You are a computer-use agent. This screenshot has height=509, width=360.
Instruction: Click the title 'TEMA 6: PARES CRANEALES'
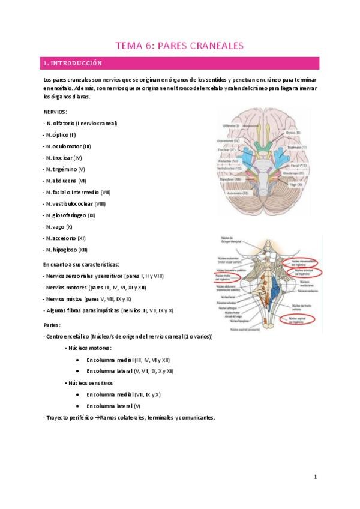tap(179, 44)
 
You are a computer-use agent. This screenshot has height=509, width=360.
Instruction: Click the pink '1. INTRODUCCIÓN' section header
tap(73, 62)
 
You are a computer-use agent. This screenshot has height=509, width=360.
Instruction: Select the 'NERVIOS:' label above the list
tap(55, 112)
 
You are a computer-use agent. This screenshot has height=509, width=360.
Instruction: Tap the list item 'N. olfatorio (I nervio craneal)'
tap(81, 123)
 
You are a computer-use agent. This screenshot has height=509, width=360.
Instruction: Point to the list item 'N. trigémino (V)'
tap(65, 169)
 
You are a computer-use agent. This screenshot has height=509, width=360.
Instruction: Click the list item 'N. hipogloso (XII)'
tap(66, 250)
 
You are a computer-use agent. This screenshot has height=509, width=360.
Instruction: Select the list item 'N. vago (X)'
tap(58, 227)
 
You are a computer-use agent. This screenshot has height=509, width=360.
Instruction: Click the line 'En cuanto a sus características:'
tap(81, 264)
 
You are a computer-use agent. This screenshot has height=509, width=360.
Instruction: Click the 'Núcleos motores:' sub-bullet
tap(90, 348)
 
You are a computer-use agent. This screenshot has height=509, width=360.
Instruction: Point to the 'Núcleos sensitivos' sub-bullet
tap(91, 382)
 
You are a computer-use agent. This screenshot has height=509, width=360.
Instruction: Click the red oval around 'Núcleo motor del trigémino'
tap(227, 277)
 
